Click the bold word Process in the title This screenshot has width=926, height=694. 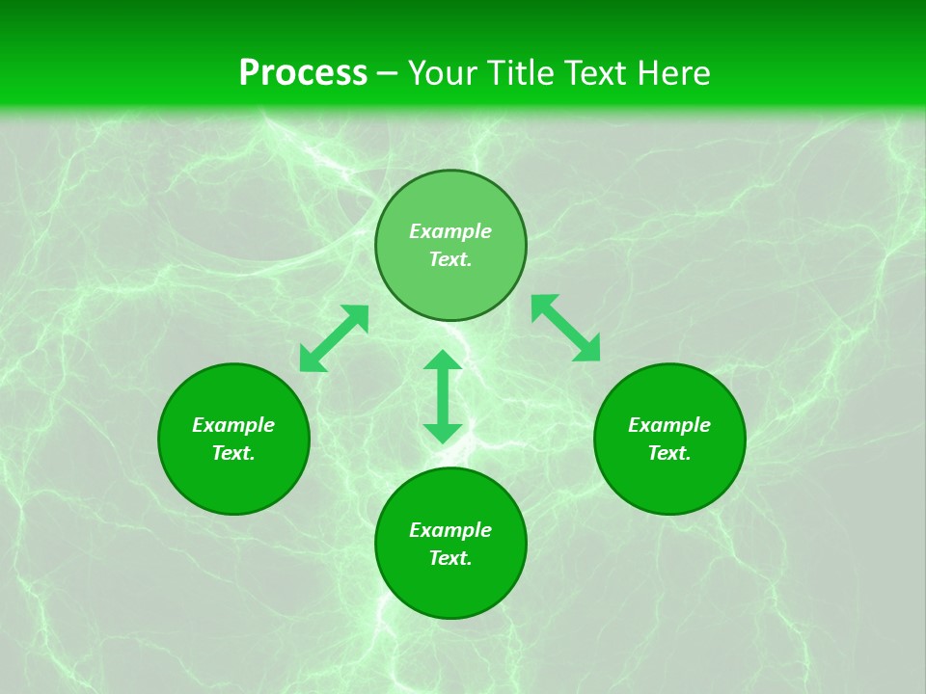pos(303,73)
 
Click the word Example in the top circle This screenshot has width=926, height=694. pos(450,231)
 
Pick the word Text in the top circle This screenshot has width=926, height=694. pos(450,259)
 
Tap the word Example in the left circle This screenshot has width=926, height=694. pos(233,425)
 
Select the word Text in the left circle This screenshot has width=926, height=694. pos(233,453)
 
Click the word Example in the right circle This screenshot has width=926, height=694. pos(669,425)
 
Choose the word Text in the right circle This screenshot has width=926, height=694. pos(669,453)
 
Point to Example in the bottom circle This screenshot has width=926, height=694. pos(450,530)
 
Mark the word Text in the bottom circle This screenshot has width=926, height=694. pos(450,558)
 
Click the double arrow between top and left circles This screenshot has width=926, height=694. pos(334,338)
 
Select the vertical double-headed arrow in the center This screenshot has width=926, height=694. pos(443,396)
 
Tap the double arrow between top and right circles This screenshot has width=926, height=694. pos(566,328)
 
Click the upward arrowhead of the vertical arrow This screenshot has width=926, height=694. pos(443,361)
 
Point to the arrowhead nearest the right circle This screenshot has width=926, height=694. pos(587,349)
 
